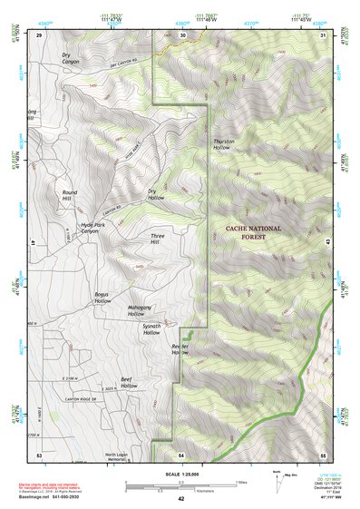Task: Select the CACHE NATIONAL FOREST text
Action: coord(253,232)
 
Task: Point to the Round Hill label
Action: coord(70,195)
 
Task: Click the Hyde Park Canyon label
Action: coord(95,228)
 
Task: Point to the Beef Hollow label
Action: coord(129,383)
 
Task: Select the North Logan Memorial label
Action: coord(124,457)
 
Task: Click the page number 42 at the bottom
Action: coord(180,499)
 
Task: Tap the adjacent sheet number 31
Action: coord(323,34)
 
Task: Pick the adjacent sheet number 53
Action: coord(38,454)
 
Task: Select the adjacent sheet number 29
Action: coord(39,34)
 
